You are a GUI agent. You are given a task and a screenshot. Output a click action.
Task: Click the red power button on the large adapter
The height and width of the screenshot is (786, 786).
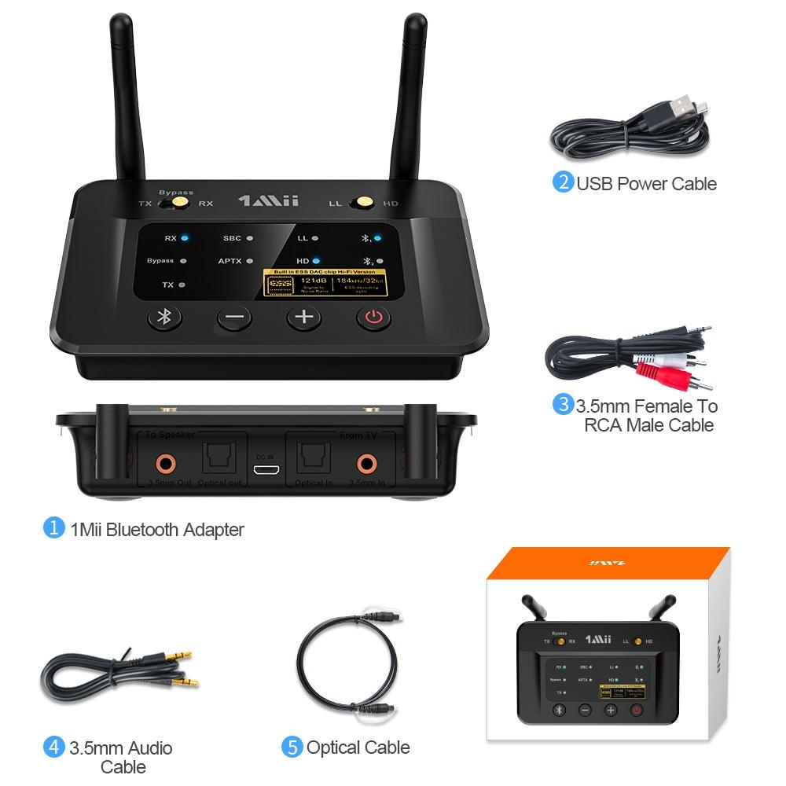tap(373, 318)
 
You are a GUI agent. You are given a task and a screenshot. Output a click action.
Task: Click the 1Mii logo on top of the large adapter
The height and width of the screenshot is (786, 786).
tap(268, 201)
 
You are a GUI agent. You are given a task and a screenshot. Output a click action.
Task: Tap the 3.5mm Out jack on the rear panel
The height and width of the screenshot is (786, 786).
tap(165, 461)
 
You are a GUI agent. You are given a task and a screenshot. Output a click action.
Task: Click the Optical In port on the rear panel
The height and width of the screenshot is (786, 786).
tap(314, 460)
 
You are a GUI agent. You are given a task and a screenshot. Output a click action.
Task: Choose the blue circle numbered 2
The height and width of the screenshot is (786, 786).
tap(563, 183)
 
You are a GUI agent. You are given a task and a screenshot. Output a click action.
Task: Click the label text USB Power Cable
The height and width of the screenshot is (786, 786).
tap(646, 184)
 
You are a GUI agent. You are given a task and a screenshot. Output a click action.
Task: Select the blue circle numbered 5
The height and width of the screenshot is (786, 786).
tap(292, 747)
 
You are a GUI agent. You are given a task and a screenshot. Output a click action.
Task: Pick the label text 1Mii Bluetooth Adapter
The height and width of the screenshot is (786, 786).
tap(157, 530)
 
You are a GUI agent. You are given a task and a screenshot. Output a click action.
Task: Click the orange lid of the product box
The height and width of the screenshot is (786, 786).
tap(609, 563)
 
